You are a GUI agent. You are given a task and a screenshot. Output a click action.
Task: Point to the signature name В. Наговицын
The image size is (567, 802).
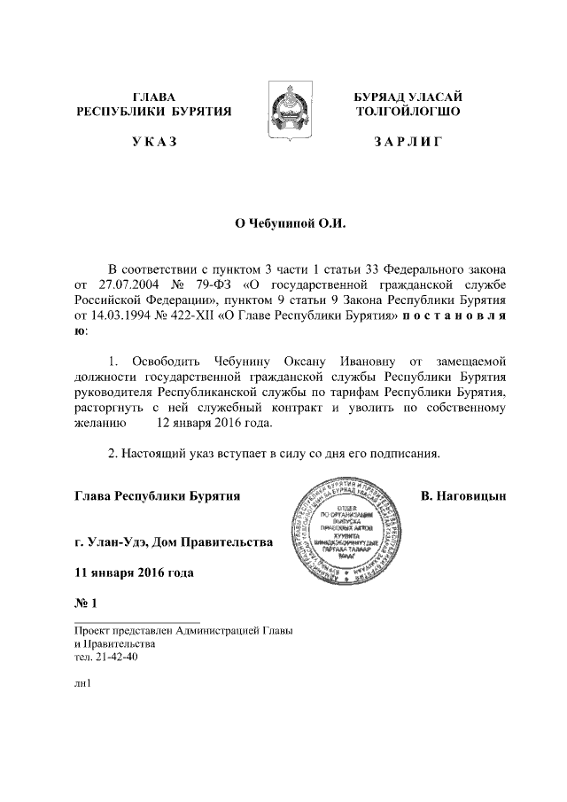[463, 494]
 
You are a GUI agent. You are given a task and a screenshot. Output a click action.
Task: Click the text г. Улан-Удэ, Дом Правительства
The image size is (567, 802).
[174, 541]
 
